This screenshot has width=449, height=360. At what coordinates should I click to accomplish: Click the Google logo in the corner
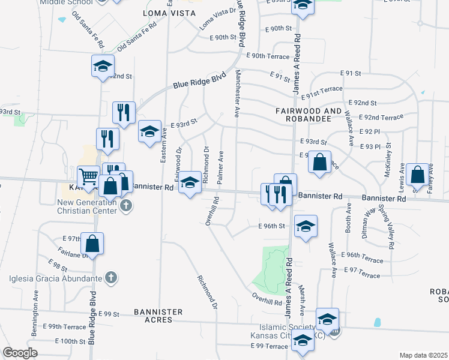pyautogui.click(x=20, y=353)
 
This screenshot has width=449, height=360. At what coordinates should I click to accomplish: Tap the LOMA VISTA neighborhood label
pyautogui.click(x=170, y=13)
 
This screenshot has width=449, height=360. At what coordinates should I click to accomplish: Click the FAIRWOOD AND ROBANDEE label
pyautogui.click(x=312, y=115)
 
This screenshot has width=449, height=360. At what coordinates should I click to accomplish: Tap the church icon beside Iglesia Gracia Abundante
pyautogui.click(x=110, y=277)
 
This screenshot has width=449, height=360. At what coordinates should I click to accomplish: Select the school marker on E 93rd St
pyautogui.click(x=149, y=131)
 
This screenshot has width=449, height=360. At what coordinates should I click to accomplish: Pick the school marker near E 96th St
pyautogui.click(x=306, y=226)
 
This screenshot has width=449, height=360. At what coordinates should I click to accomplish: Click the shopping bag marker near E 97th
pyautogui.click(x=92, y=243)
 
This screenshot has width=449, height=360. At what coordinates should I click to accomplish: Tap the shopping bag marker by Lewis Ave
pyautogui.click(x=417, y=175)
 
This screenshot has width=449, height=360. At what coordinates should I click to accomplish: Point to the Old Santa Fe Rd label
pyautogui.click(x=137, y=36)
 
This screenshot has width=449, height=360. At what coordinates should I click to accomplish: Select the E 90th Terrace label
pyautogui.click(x=267, y=56)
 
